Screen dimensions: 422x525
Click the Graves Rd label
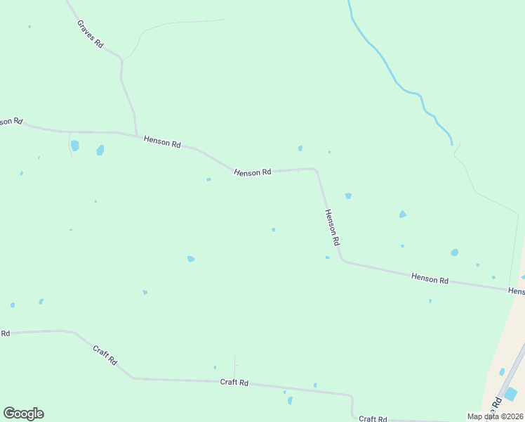click(x=91, y=34)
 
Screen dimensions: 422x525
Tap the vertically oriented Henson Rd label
click(x=332, y=226)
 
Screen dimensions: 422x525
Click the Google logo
click(x=23, y=414)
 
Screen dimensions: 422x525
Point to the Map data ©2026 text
click(x=496, y=416)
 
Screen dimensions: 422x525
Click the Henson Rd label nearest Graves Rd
click(x=162, y=141)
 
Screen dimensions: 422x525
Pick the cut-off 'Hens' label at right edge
click(x=516, y=290)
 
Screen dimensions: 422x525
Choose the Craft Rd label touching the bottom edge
click(x=372, y=418)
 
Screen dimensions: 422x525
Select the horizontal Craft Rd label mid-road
click(x=234, y=383)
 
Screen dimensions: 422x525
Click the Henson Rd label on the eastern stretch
click(x=430, y=279)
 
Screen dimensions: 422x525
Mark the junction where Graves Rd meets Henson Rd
click(x=136, y=134)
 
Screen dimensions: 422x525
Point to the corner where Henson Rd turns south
click(x=315, y=170)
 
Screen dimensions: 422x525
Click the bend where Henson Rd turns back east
click(x=343, y=261)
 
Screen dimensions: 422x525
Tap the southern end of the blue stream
click(x=452, y=144)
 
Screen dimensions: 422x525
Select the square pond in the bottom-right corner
click(x=511, y=395)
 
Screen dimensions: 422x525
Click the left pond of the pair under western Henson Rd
click(x=75, y=146)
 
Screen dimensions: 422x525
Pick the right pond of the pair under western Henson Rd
click(x=100, y=150)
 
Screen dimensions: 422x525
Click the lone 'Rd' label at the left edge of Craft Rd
click(x=5, y=333)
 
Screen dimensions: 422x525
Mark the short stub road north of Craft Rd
click(x=234, y=364)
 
